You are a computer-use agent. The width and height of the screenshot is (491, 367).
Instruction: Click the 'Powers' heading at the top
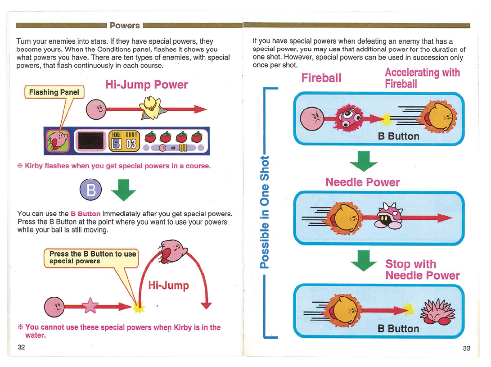coord(125,25)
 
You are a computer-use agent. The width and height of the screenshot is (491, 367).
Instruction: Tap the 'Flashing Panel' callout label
coord(54,92)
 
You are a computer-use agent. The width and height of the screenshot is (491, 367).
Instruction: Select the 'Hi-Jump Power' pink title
coord(147,85)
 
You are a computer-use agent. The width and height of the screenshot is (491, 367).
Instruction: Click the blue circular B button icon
coord(90,190)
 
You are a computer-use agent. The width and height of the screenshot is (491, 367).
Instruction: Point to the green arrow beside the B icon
coord(123,190)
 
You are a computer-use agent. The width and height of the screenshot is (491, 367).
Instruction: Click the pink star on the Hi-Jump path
coord(90,306)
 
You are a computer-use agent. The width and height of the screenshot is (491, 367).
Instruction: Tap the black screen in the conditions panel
coord(90,140)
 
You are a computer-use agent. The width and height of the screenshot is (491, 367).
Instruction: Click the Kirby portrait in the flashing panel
coord(58,140)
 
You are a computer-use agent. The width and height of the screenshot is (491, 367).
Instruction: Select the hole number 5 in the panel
coord(117,144)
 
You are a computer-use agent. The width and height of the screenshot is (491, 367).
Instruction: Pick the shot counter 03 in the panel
coord(131,144)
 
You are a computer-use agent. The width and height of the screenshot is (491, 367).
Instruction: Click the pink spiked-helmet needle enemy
coord(389,215)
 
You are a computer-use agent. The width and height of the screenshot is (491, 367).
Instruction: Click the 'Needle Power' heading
coord(363,182)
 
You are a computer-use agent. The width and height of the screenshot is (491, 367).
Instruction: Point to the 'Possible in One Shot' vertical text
coord(265,212)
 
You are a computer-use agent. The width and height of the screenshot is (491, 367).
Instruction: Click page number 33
coord(467,348)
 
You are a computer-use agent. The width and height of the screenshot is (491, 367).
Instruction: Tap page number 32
coord(21,347)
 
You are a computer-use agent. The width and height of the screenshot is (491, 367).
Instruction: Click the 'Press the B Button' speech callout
coord(91,258)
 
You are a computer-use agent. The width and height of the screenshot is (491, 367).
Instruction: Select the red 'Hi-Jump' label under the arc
coord(168,285)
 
